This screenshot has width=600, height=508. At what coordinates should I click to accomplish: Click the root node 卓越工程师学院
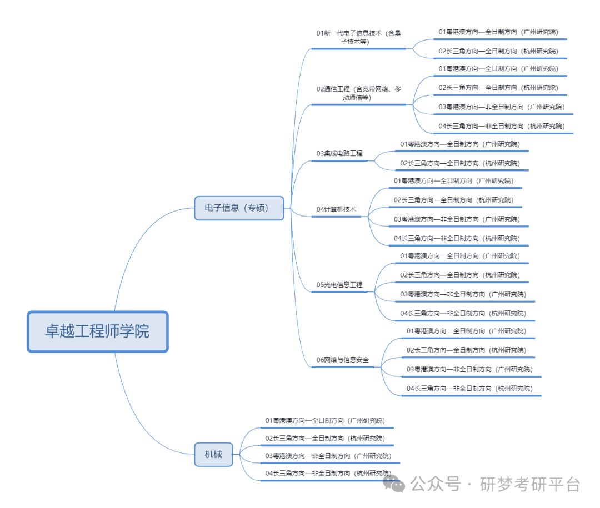click(x=97, y=331)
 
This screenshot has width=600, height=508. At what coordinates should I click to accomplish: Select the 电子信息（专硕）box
click(x=239, y=208)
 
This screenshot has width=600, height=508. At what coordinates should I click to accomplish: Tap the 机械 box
click(x=213, y=454)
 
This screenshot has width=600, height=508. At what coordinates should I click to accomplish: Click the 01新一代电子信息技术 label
click(x=358, y=37)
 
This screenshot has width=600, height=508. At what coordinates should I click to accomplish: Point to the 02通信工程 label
click(x=358, y=93)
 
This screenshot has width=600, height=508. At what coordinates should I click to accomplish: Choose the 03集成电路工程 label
click(x=339, y=153)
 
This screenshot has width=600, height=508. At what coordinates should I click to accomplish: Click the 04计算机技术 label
click(x=336, y=209)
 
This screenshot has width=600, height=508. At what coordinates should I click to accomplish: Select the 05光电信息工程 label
click(x=339, y=285)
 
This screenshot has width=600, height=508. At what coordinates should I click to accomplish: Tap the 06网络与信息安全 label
click(x=342, y=360)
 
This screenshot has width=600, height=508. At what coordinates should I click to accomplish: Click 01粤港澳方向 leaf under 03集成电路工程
click(x=460, y=144)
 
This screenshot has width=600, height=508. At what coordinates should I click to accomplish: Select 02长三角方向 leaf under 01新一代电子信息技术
click(x=498, y=51)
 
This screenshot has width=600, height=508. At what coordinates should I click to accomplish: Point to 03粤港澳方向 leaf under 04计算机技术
click(x=457, y=219)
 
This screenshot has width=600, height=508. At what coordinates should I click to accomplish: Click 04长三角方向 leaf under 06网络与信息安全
click(x=473, y=389)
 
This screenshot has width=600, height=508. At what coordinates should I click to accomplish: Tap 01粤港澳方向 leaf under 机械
click(x=325, y=420)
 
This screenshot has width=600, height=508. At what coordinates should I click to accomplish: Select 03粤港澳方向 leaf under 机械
click(x=328, y=456)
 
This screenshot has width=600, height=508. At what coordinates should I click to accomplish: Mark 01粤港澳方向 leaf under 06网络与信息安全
click(x=466, y=331)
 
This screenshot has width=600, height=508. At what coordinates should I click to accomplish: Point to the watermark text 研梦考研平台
click(x=531, y=484)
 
